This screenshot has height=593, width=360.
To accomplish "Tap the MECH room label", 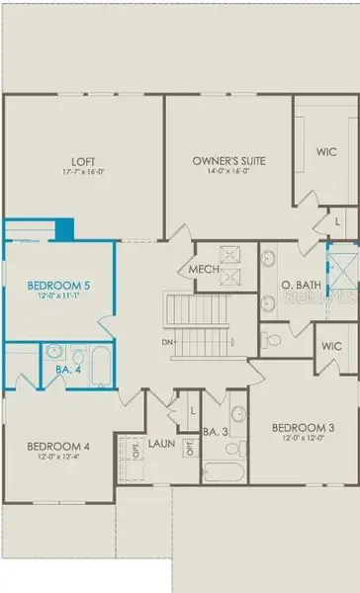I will tap(203, 269).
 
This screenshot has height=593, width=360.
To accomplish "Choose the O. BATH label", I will tap(298, 286).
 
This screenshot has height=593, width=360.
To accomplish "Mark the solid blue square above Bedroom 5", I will tap(65, 229).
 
